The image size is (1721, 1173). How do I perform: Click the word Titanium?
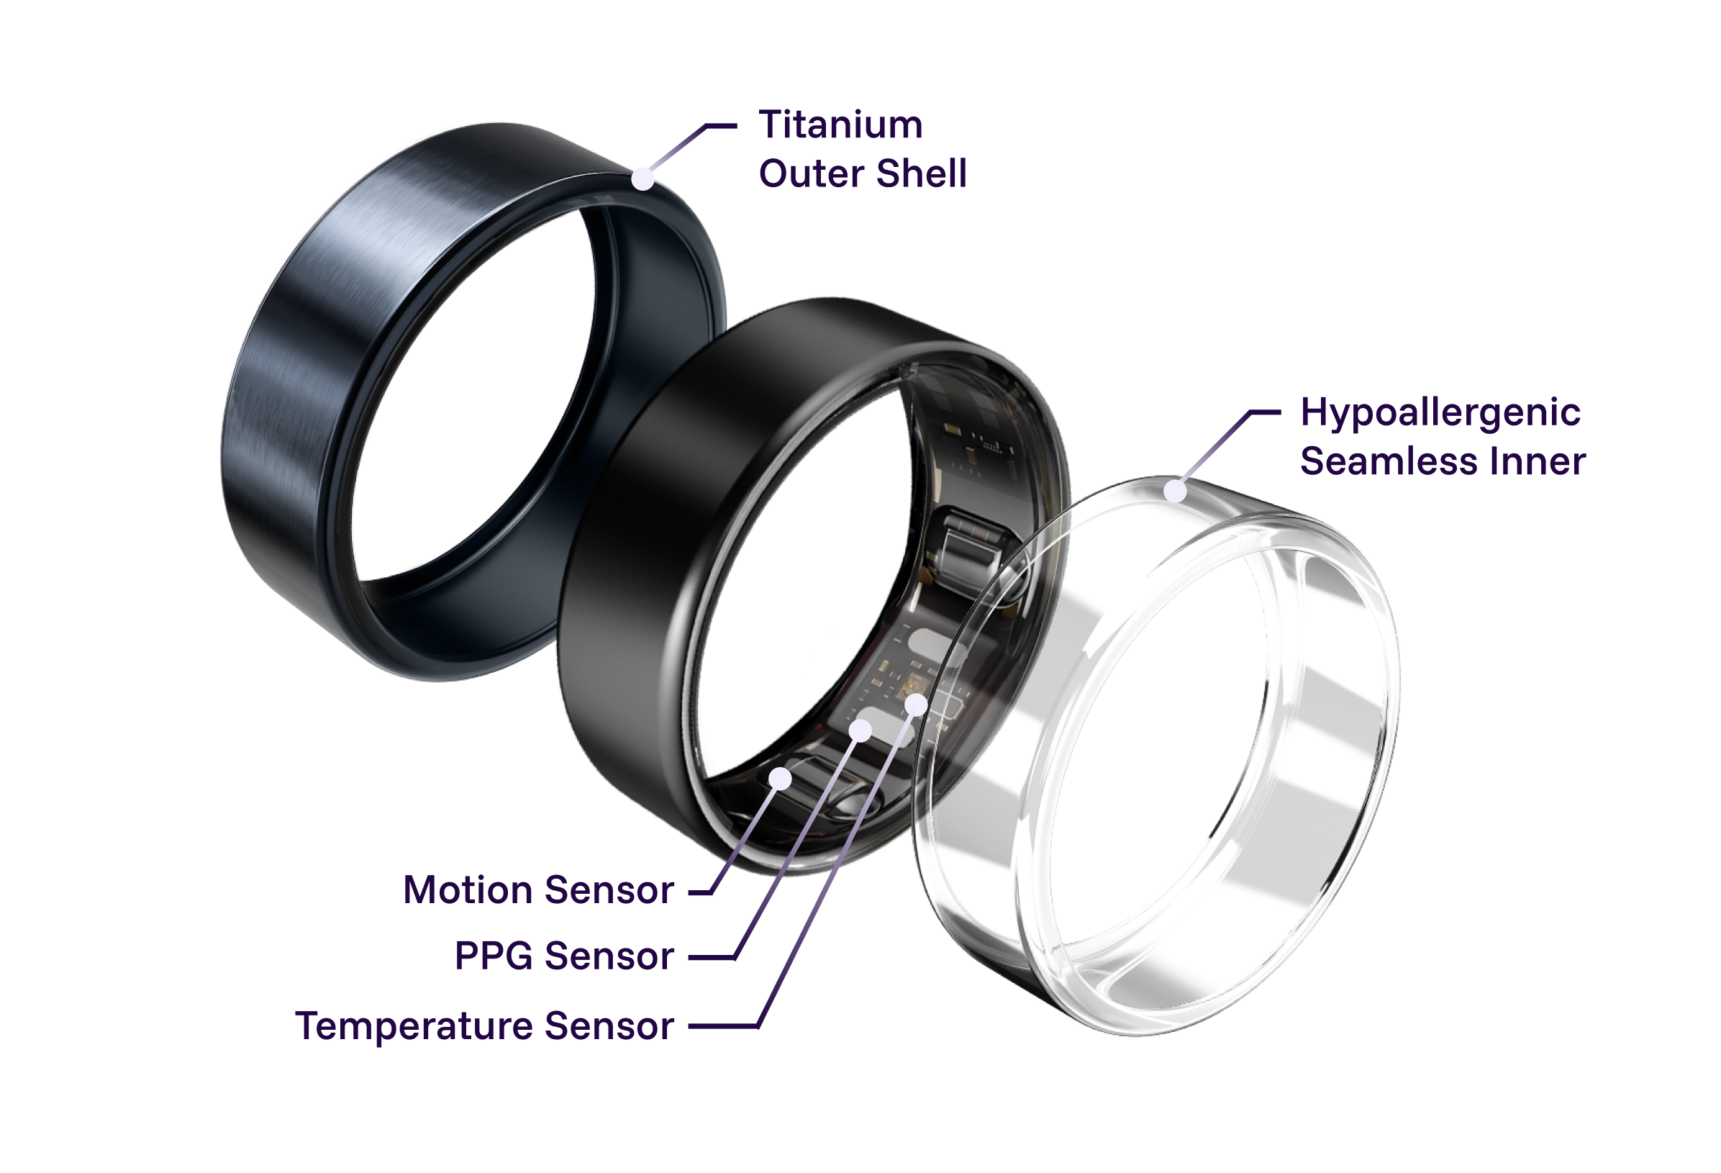coord(840,124)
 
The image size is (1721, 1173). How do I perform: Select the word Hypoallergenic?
coord(1440,413)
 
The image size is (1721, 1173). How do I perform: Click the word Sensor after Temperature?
coord(609,1026)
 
